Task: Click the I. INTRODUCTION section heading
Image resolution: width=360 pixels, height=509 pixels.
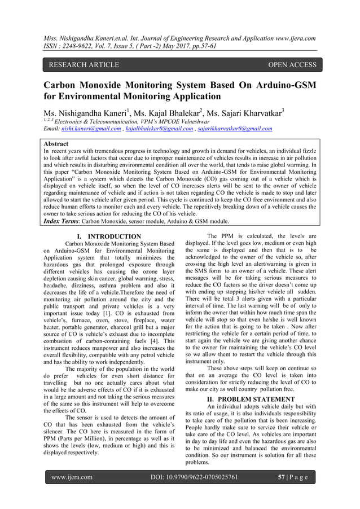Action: click(x=108, y=236)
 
